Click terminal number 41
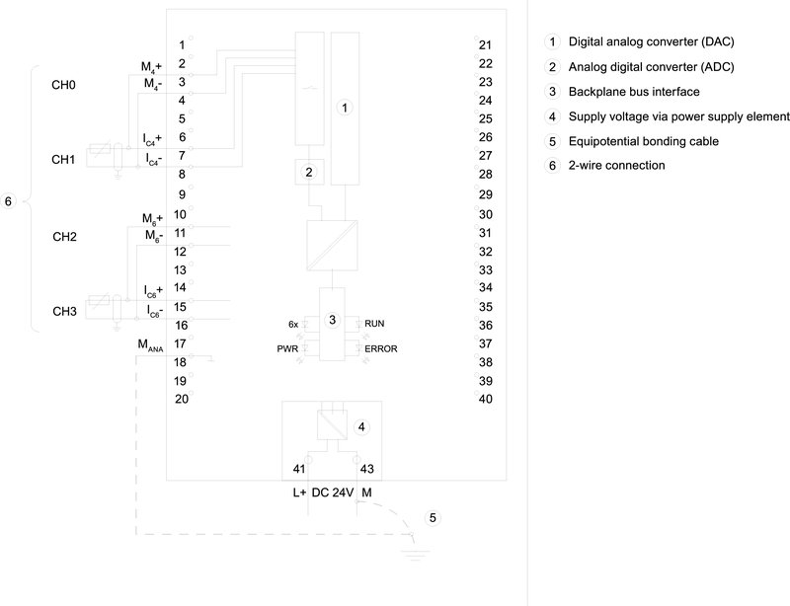click(x=299, y=469)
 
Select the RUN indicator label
click(x=374, y=324)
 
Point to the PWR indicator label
click(x=287, y=349)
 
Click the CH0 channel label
click(x=64, y=85)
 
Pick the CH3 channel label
click(x=64, y=312)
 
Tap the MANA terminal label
click(x=150, y=344)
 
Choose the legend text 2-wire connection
click(x=616, y=165)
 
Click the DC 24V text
click(x=333, y=491)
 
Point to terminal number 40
click(x=485, y=399)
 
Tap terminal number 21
click(x=485, y=44)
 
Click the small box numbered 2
click(x=309, y=172)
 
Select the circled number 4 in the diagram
click(x=362, y=427)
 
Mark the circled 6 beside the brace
click(x=8, y=202)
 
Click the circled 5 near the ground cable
click(x=432, y=517)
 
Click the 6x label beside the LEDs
click(x=292, y=324)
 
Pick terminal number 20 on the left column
click(x=181, y=399)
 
